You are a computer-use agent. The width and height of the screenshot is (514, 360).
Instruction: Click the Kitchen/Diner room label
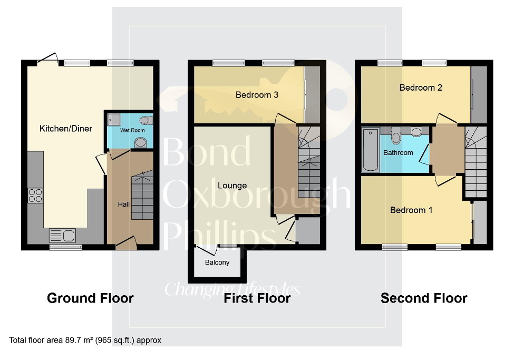66,128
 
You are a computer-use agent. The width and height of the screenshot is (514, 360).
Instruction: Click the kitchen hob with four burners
36,196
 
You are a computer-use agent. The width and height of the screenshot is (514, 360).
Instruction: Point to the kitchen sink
62,235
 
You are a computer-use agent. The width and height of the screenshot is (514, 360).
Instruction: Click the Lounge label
232,186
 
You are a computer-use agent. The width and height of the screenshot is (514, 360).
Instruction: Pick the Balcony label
217,262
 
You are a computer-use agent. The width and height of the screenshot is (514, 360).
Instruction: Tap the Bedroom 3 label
257,95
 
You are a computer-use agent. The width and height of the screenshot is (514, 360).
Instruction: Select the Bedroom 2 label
421,87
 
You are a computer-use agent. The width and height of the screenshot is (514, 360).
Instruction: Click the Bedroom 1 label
411,210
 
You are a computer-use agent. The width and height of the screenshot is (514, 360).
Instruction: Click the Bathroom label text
398,153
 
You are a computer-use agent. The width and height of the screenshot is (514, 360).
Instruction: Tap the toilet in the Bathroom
396,137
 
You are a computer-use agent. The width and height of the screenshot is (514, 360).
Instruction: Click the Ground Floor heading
90,298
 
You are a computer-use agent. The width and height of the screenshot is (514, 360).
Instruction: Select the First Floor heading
257,298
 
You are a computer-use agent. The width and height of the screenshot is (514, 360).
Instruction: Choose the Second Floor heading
424,298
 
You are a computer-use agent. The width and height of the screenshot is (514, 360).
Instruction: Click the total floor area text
85,340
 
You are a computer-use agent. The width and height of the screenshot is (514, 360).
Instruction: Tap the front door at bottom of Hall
126,242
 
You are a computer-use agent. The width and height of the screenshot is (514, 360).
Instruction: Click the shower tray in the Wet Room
113,119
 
